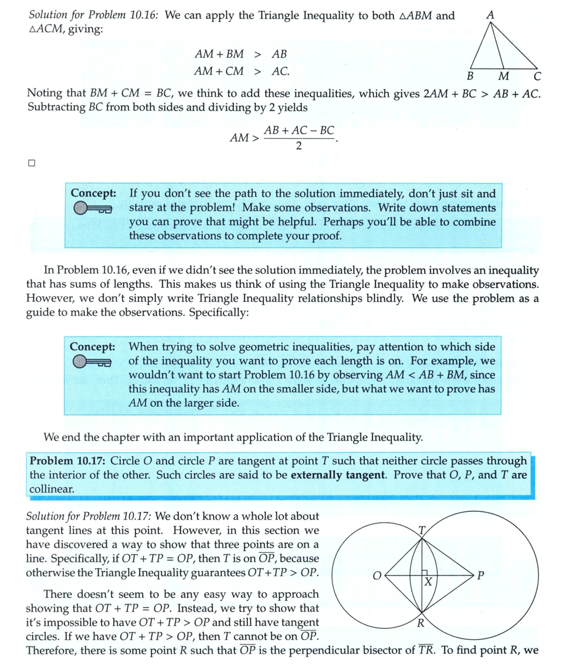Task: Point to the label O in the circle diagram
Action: pos(377,575)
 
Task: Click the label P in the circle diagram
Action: pos(480,575)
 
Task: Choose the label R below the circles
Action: pos(420,623)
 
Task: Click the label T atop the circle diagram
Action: pos(421,531)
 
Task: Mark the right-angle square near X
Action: pos(427,573)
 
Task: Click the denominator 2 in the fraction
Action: pos(299,146)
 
